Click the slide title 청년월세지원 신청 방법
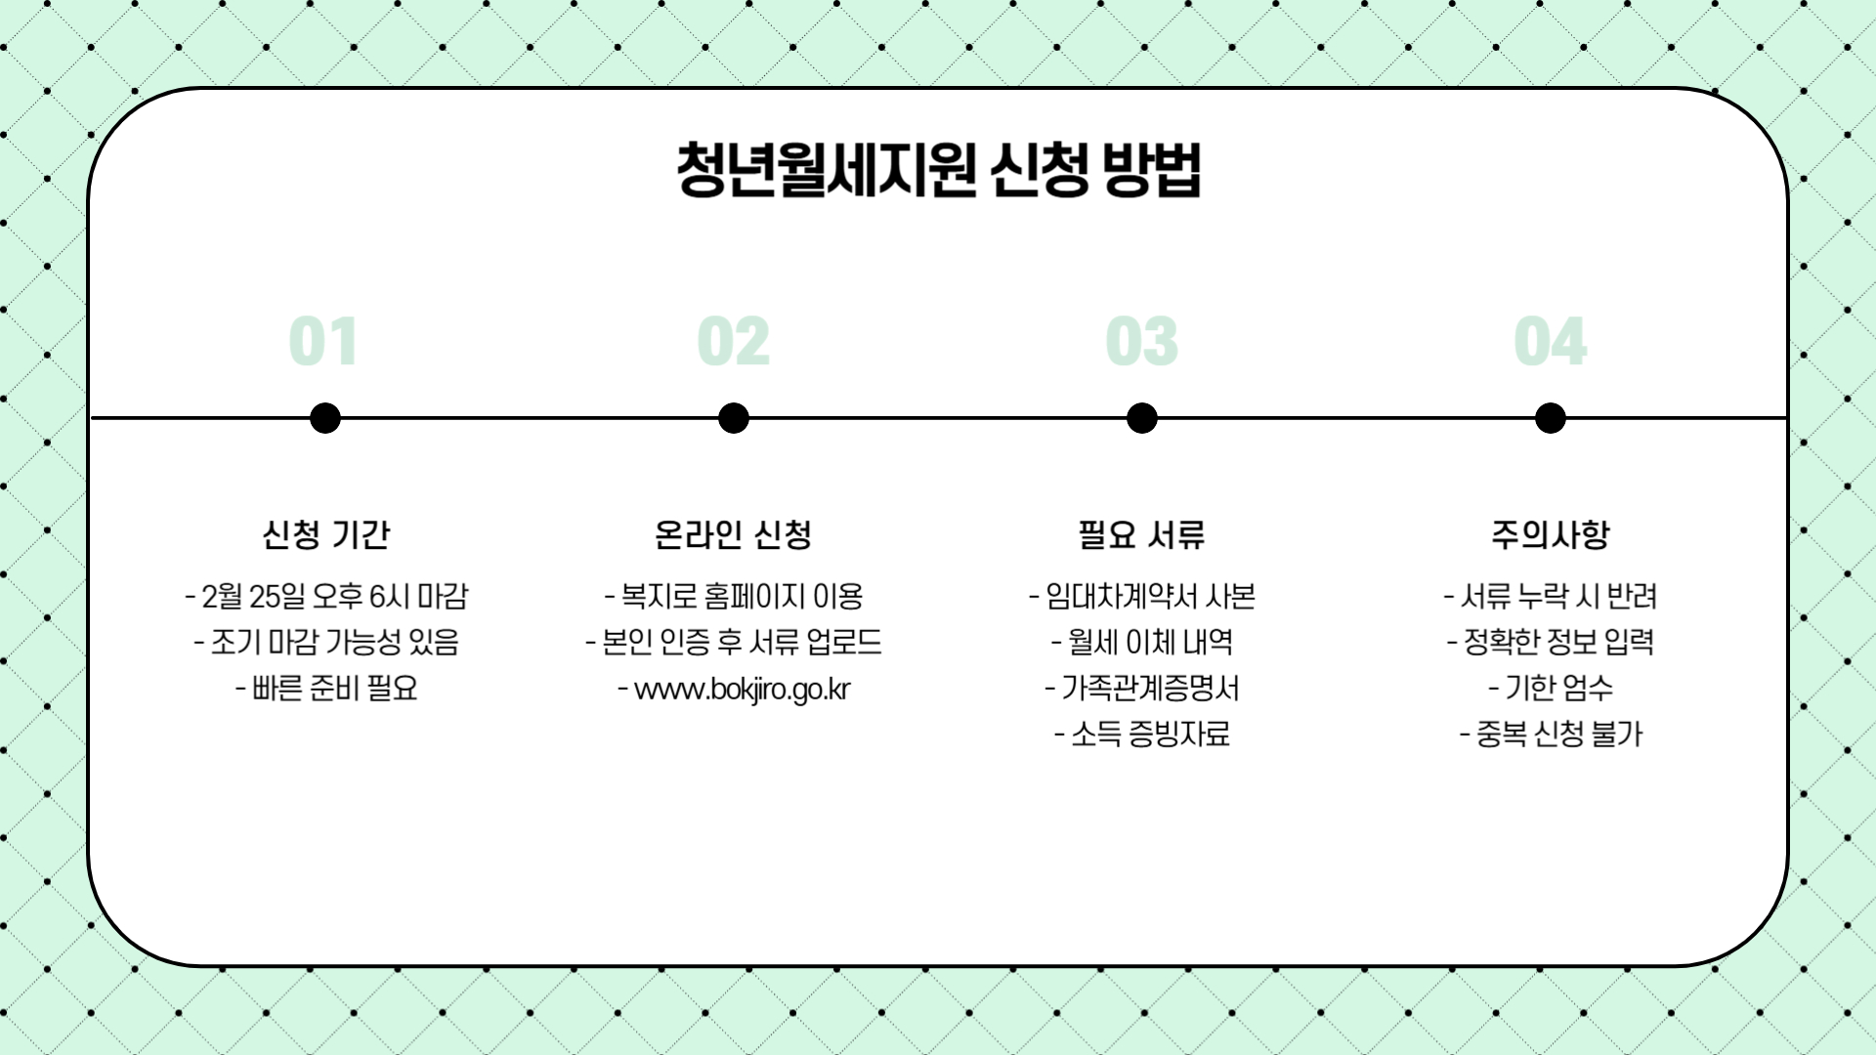click(938, 170)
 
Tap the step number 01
click(323, 342)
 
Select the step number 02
click(733, 342)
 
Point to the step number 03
click(1141, 342)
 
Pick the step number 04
click(1550, 342)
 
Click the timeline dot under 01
click(324, 418)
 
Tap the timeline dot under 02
click(733, 418)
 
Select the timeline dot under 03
click(1141, 418)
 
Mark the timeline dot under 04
click(1550, 418)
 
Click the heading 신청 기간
click(325, 534)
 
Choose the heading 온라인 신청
click(733, 534)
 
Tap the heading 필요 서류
click(1141, 534)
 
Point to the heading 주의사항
click(1550, 534)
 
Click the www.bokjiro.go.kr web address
click(742, 689)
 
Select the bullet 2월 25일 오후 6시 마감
click(334, 596)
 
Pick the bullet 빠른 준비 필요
click(334, 689)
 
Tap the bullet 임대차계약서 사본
click(1149, 596)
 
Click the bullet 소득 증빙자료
click(1149, 735)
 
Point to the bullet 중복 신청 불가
click(1558, 735)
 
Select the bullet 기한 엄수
click(1558, 689)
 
